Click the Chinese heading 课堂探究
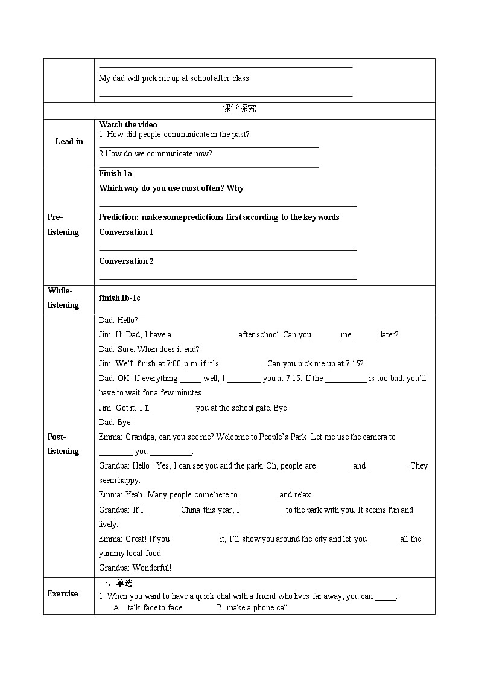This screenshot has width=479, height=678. (x=239, y=109)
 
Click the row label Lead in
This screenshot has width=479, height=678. (x=69, y=142)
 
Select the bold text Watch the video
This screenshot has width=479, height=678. (x=128, y=125)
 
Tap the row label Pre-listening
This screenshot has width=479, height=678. (x=63, y=225)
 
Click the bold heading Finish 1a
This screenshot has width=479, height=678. (x=115, y=174)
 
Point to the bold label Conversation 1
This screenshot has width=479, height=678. (x=126, y=232)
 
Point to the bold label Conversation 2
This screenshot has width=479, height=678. (x=126, y=261)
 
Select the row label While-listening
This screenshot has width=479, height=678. (x=63, y=298)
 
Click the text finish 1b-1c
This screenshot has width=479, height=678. (x=119, y=298)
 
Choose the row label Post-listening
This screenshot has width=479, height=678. (x=63, y=444)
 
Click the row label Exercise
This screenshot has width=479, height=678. (x=63, y=594)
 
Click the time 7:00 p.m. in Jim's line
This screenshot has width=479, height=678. (x=178, y=364)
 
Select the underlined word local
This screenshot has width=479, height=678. (x=135, y=554)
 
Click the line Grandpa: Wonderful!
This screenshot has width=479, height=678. (x=135, y=568)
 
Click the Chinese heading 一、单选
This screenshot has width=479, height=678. (x=115, y=583)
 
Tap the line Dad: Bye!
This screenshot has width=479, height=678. (x=116, y=423)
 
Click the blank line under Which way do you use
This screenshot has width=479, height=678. (x=227, y=206)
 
